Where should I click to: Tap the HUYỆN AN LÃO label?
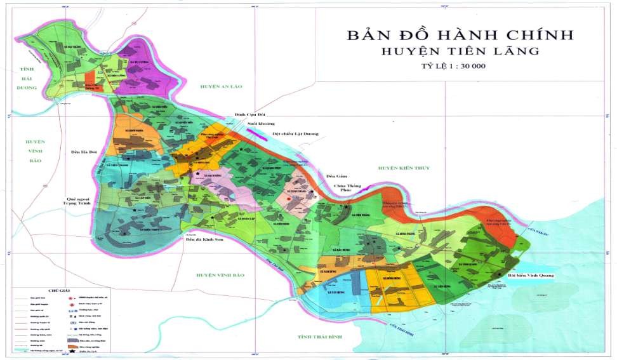click(x=220, y=86)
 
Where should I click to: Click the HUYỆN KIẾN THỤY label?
click(x=404, y=168)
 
